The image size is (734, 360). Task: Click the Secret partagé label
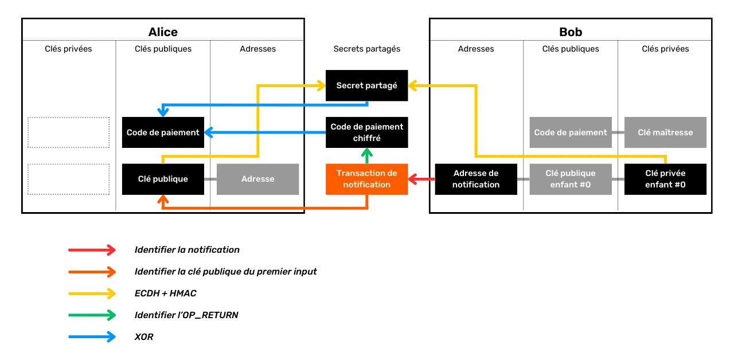click(366, 85)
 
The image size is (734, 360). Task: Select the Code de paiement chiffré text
click(366, 132)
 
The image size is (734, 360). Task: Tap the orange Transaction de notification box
click(367, 179)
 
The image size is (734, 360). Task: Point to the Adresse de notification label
click(475, 179)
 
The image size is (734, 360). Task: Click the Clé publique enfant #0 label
click(570, 179)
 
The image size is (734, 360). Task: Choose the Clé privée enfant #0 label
click(665, 179)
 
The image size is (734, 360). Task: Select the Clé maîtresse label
click(665, 132)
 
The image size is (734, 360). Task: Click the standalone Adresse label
click(257, 179)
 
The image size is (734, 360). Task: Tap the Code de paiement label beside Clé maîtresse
click(570, 132)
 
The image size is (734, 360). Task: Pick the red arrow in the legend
click(91, 250)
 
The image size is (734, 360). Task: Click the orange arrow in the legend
click(91, 272)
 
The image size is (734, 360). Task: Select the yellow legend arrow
click(91, 294)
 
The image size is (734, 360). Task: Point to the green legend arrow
click(91, 315)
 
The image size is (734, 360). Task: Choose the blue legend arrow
click(91, 336)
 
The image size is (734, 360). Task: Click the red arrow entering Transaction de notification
click(421, 179)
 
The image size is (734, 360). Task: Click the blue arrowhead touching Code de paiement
click(209, 132)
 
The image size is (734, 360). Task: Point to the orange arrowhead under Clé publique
click(163, 200)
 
